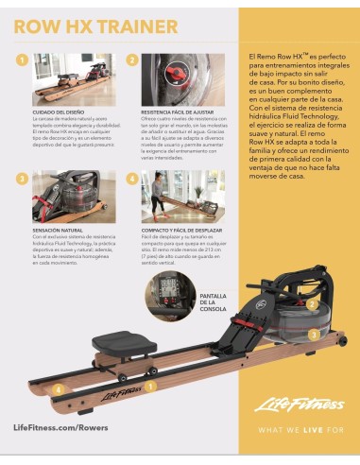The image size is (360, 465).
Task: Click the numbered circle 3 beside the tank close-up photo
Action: pyautogui.click(x=22, y=178)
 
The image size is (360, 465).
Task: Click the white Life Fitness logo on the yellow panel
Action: pyautogui.click(x=300, y=405)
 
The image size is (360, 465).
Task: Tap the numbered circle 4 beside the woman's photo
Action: pyautogui.click(x=132, y=178)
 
